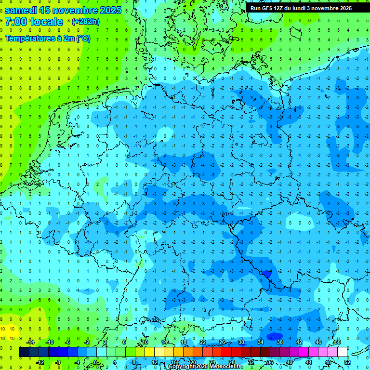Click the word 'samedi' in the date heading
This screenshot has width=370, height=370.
click(x=21, y=10)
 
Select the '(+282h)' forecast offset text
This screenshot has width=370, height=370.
click(x=85, y=22)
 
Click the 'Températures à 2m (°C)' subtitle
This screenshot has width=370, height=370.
click(x=47, y=38)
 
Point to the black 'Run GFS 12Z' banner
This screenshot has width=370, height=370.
click(x=301, y=8)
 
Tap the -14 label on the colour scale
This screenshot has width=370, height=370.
click(x=30, y=342)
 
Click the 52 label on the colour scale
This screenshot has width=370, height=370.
click(x=347, y=362)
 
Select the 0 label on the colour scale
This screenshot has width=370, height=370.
click(x=95, y=362)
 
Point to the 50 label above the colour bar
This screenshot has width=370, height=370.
click(x=338, y=342)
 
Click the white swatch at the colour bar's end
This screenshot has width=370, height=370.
click(x=342, y=352)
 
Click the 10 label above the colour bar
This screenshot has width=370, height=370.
click(x=145, y=342)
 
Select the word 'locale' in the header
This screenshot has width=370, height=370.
click(x=46, y=22)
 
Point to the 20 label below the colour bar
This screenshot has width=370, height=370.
click(x=193, y=362)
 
